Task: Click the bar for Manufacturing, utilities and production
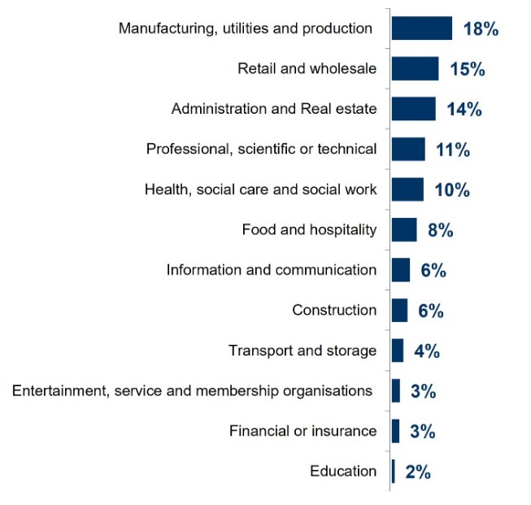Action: (x=421, y=28)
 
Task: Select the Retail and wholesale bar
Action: (x=415, y=69)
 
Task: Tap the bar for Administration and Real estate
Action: (x=413, y=109)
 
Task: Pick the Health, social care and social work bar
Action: (x=407, y=189)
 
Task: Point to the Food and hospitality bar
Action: (x=404, y=230)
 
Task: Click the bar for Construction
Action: (x=399, y=310)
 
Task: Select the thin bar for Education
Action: (x=394, y=471)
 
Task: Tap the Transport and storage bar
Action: (x=398, y=350)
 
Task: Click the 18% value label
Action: (x=480, y=29)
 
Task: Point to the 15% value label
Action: (x=467, y=69)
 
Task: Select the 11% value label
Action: (x=453, y=150)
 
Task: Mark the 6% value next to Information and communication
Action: (x=433, y=271)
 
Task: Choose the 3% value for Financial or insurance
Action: (x=423, y=431)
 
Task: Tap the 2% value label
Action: (x=417, y=472)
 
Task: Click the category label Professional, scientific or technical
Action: (x=261, y=149)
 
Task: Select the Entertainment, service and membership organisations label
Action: (x=193, y=391)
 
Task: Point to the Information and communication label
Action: (x=272, y=270)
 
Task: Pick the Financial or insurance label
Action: (x=302, y=431)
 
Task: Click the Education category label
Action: (x=343, y=472)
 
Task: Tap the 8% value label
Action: (x=440, y=230)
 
